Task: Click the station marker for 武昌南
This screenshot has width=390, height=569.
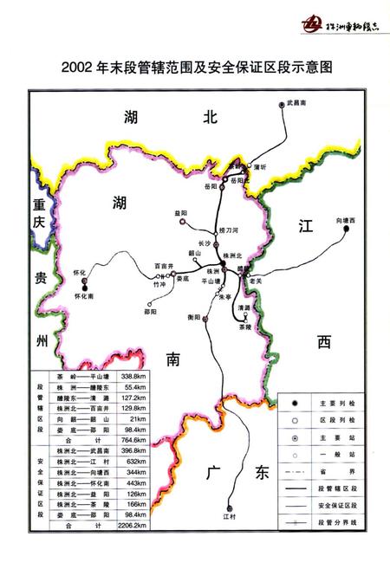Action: (x=283, y=105)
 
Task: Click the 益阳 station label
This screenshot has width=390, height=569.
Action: (x=180, y=213)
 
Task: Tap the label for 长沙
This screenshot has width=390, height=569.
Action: (x=205, y=243)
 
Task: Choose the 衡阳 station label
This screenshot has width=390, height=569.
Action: (x=194, y=318)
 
